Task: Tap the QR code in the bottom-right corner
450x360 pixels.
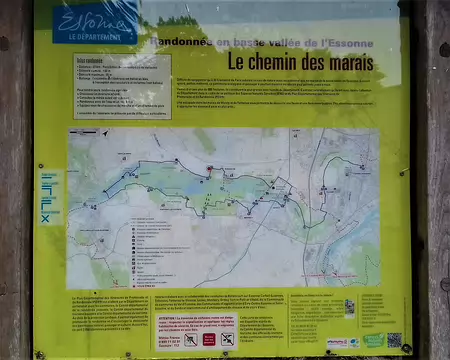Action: click(394, 340)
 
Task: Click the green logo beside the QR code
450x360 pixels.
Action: click(372, 341)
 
